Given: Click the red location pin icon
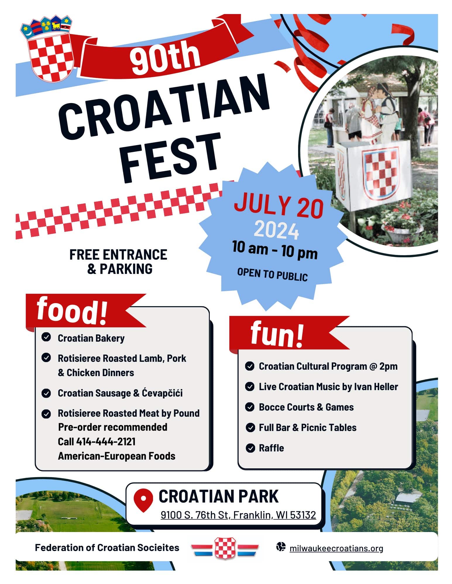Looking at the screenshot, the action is pos(143,500).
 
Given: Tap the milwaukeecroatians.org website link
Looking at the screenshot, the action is pos(336,548).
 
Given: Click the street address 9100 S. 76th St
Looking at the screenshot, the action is pos(194,515).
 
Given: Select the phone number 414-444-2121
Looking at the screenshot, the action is pos(106,442).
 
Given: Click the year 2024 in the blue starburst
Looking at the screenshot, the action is pos(276,230).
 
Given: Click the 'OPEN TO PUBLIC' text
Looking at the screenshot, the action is pos(272,274).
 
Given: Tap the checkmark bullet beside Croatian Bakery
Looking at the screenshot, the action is pos(46,337).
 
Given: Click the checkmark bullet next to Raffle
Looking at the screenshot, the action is pos(250,448).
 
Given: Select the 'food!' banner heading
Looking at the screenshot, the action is pos(72,310).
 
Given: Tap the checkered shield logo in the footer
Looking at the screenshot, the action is pos(225,548).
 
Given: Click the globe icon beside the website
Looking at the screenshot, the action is pos(281,547).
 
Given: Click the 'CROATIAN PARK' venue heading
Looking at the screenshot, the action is pos(219,496).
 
